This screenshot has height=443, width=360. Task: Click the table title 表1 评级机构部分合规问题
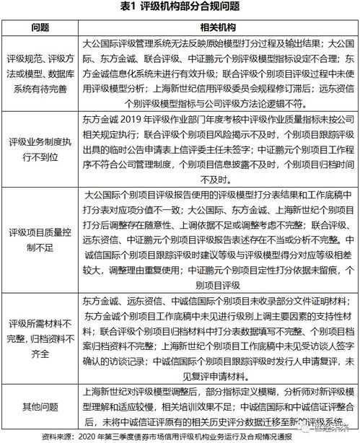180,7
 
